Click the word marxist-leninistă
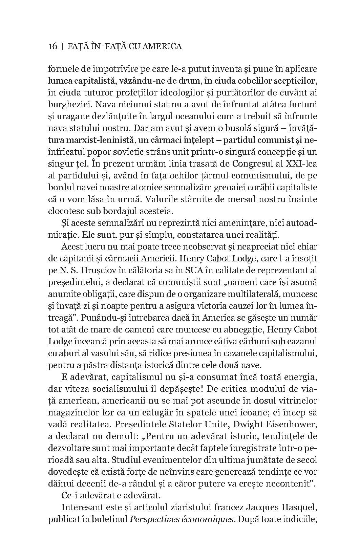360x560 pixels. pyautogui.click(x=98, y=140)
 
